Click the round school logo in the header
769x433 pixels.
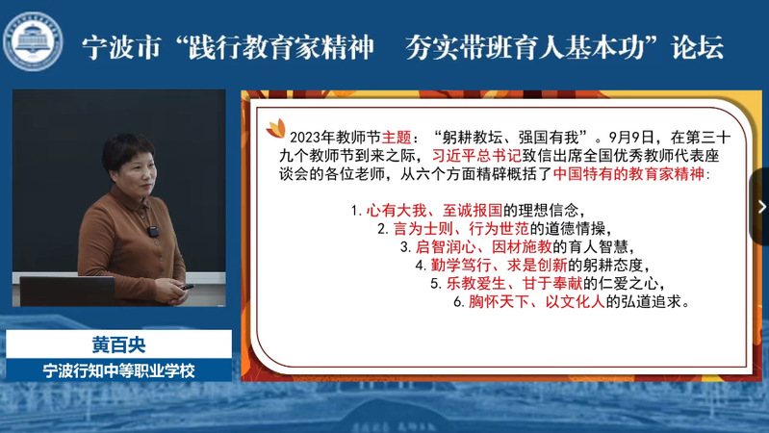pos(33,41)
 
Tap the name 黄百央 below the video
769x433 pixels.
pos(118,344)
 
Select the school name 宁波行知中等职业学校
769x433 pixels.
pos(118,370)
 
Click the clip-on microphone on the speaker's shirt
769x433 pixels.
pos(153,232)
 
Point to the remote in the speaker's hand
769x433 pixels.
pos(188,287)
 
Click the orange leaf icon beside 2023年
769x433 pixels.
pos(275,129)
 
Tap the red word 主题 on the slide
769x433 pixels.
pos(397,138)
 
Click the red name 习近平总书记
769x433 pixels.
pos(476,156)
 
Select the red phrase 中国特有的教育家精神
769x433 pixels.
pos(628,173)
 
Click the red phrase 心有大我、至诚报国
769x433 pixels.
pos(434,211)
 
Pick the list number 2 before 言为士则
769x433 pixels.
pos(382,229)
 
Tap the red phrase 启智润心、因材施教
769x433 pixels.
pos(483,246)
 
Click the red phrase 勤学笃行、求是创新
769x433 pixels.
pos(499,266)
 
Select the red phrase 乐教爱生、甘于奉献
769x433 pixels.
pos(515,284)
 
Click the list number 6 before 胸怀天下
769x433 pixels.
pos(458,302)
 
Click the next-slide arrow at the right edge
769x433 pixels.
pos(761,207)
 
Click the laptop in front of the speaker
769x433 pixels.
pos(67,291)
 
